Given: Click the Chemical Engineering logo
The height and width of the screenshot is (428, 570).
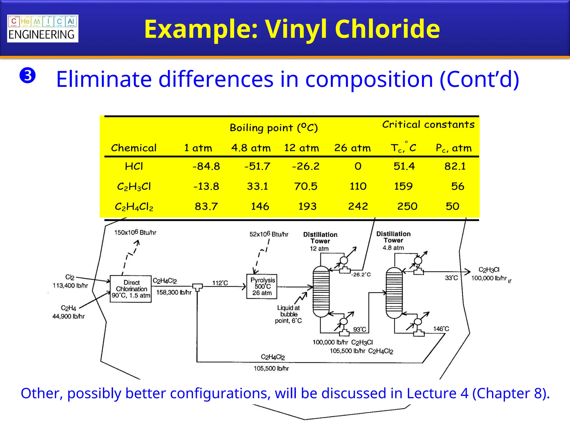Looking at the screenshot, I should click(43, 28).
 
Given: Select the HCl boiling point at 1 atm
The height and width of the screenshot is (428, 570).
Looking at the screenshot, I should click(206, 166).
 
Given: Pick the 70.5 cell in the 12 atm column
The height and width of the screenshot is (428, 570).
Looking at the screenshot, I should click(306, 186).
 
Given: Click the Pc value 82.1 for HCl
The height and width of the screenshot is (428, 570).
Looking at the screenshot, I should click(455, 166).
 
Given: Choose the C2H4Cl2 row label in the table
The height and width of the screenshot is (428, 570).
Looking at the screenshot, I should click(134, 206).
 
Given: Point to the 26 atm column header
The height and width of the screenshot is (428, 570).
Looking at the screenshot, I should click(352, 148).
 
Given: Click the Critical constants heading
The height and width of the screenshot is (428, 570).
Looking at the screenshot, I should click(428, 124).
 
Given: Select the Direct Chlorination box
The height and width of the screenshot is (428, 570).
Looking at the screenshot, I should click(131, 289).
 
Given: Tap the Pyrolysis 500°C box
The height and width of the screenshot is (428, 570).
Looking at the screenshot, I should click(262, 286).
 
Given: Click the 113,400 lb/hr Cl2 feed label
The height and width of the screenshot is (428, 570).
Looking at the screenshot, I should click(70, 285).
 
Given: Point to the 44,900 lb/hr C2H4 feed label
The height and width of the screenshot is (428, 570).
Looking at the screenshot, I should click(68, 316).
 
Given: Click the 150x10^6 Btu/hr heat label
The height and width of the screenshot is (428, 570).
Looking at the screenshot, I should click(135, 232).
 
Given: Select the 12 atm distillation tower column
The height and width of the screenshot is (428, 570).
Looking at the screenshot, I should click(321, 291).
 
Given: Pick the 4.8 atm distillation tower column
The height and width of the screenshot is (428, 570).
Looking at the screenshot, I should click(394, 293).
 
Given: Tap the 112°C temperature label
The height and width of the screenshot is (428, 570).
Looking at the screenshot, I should click(220, 283).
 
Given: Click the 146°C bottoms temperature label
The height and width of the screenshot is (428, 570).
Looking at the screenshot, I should click(441, 329).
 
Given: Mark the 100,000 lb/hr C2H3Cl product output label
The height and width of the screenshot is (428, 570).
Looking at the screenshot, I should click(489, 278).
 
